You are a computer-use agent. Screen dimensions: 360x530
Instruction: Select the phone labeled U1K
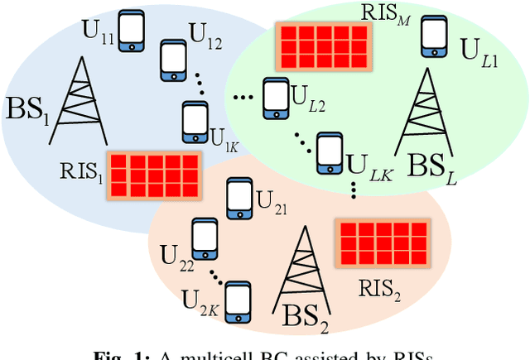(193, 121)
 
